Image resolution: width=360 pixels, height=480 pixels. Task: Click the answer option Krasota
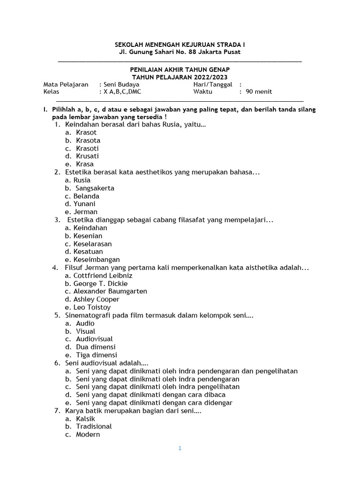pos(88,140)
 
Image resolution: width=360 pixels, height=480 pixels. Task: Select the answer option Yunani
pos(84,204)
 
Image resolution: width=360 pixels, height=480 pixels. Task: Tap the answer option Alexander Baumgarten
pos(110,291)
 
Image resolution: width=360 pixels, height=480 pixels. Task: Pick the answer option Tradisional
pos(94,427)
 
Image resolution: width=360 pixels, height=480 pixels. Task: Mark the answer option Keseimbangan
pos(97,259)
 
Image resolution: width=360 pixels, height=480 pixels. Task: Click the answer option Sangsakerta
pos(95,188)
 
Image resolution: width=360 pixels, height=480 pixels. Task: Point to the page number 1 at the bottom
pos(180,448)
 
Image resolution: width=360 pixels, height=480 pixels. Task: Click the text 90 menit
pos(259,92)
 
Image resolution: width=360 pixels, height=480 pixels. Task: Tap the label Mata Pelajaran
pos(66,84)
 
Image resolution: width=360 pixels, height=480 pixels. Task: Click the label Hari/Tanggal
pos(213,84)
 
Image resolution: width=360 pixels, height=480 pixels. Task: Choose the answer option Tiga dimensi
pos(96,355)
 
